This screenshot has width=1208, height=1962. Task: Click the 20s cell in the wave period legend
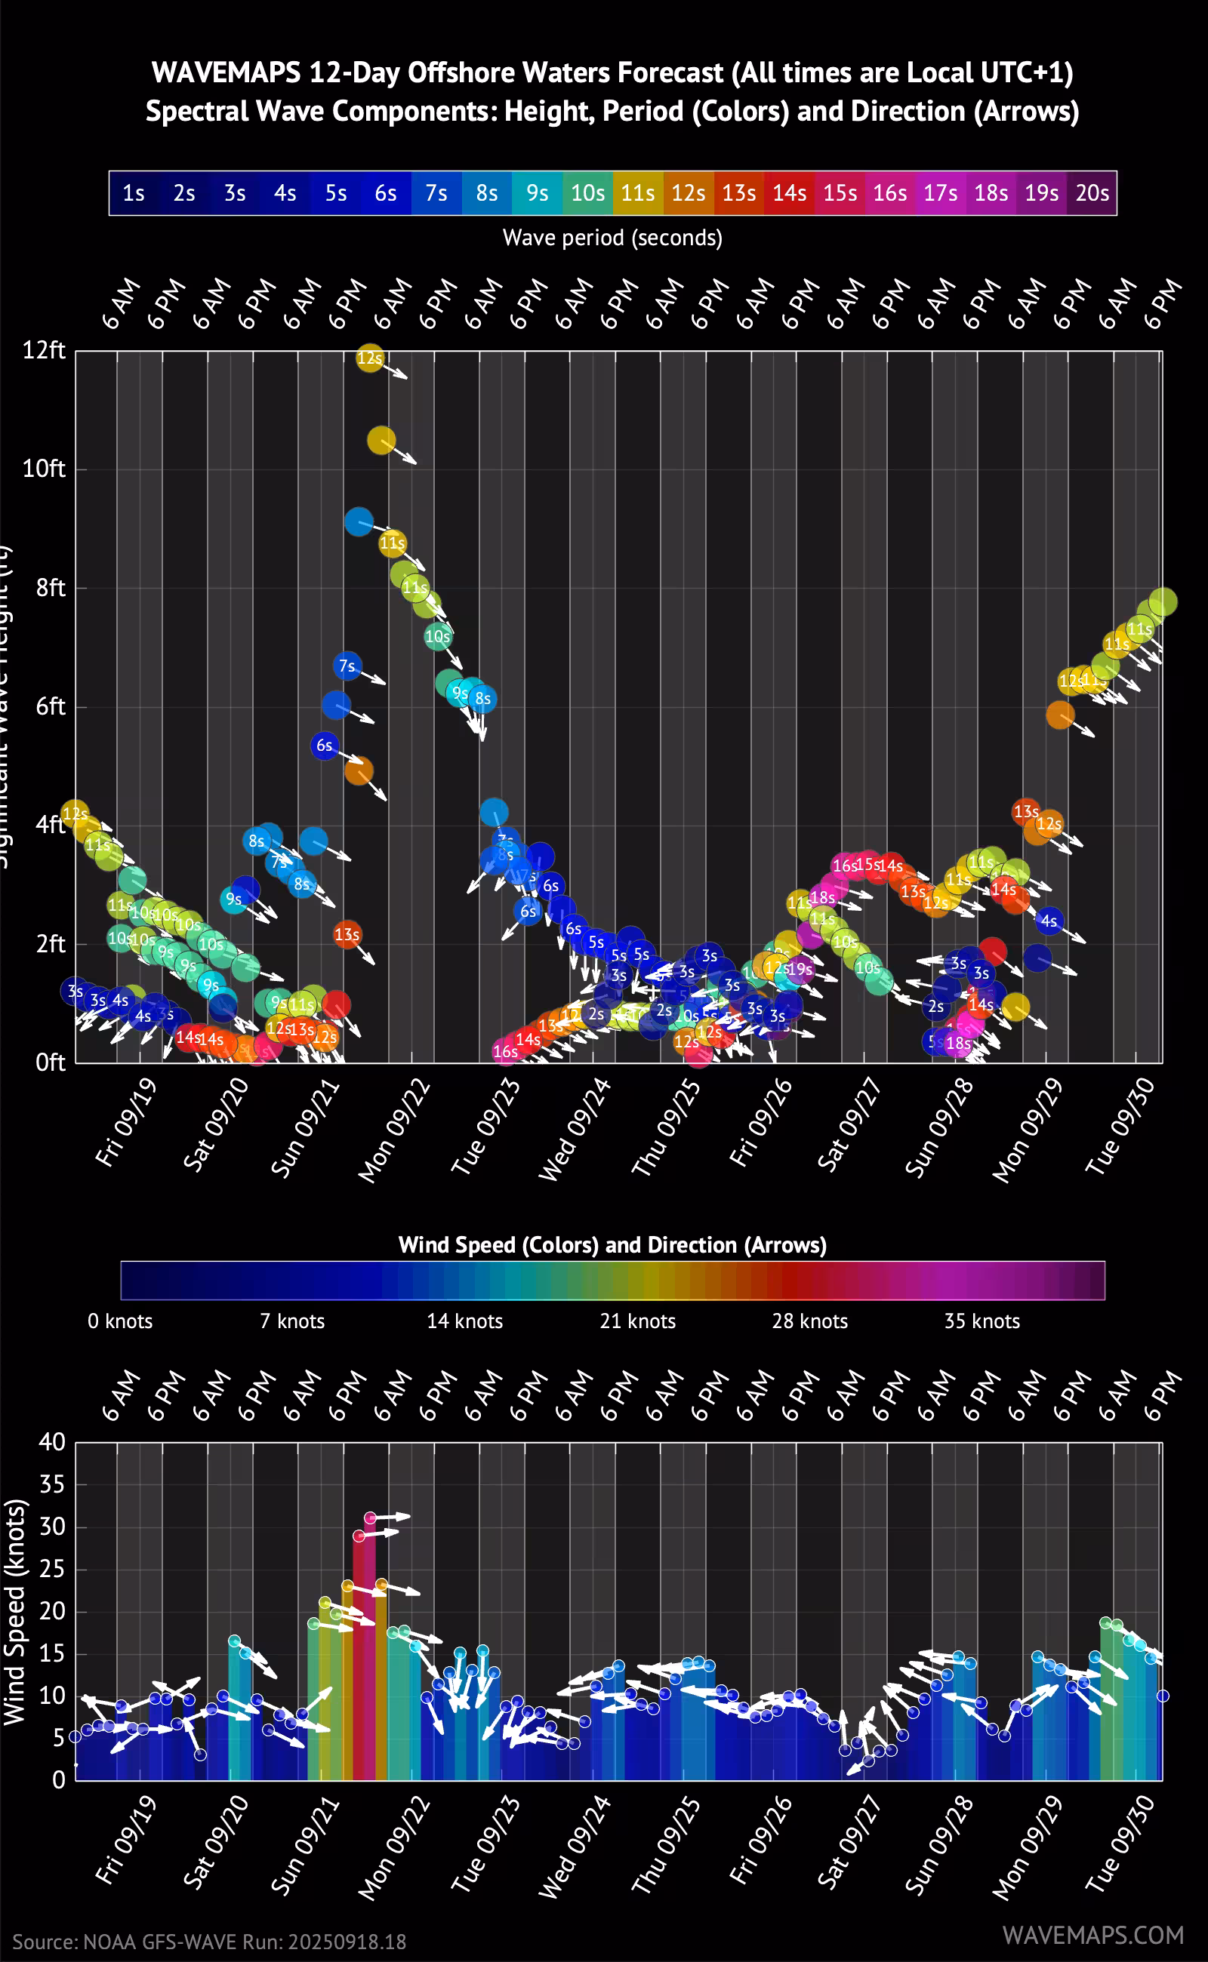tap(1092, 193)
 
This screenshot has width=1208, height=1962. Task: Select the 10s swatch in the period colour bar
tap(587, 193)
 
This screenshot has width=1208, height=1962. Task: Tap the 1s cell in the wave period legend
tap(134, 193)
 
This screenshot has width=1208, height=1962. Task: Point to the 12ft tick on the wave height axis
tap(44, 351)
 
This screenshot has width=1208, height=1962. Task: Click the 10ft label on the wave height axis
tap(44, 469)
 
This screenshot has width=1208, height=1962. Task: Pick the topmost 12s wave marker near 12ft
tap(369, 358)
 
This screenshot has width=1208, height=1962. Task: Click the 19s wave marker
tap(800, 970)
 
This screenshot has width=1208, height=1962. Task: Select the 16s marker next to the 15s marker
tap(845, 866)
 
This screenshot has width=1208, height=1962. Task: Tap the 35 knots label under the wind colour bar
tap(982, 1321)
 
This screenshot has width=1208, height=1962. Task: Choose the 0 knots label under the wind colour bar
tap(120, 1321)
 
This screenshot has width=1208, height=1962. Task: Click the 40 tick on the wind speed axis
tap(52, 1442)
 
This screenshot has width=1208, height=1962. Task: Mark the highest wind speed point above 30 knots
tap(370, 1518)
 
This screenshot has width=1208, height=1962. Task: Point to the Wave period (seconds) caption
tap(612, 238)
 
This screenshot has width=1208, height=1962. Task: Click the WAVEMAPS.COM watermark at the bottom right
tap(1092, 1935)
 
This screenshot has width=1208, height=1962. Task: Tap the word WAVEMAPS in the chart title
tap(226, 73)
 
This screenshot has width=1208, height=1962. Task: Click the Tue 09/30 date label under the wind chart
tap(1120, 1844)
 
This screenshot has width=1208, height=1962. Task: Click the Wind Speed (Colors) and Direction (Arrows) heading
tap(612, 1245)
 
